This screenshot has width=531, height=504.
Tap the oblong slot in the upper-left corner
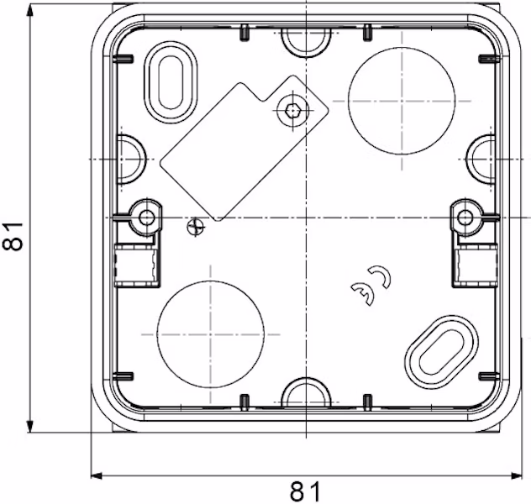click(x=172, y=81)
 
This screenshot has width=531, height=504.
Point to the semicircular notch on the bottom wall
click(x=306, y=395)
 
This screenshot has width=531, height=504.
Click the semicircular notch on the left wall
click(x=130, y=158)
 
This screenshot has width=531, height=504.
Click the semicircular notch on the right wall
click(x=481, y=158)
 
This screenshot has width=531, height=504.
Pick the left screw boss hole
click(x=147, y=218)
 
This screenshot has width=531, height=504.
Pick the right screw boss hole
click(x=463, y=218)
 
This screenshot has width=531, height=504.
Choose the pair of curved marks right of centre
click(x=372, y=286)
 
